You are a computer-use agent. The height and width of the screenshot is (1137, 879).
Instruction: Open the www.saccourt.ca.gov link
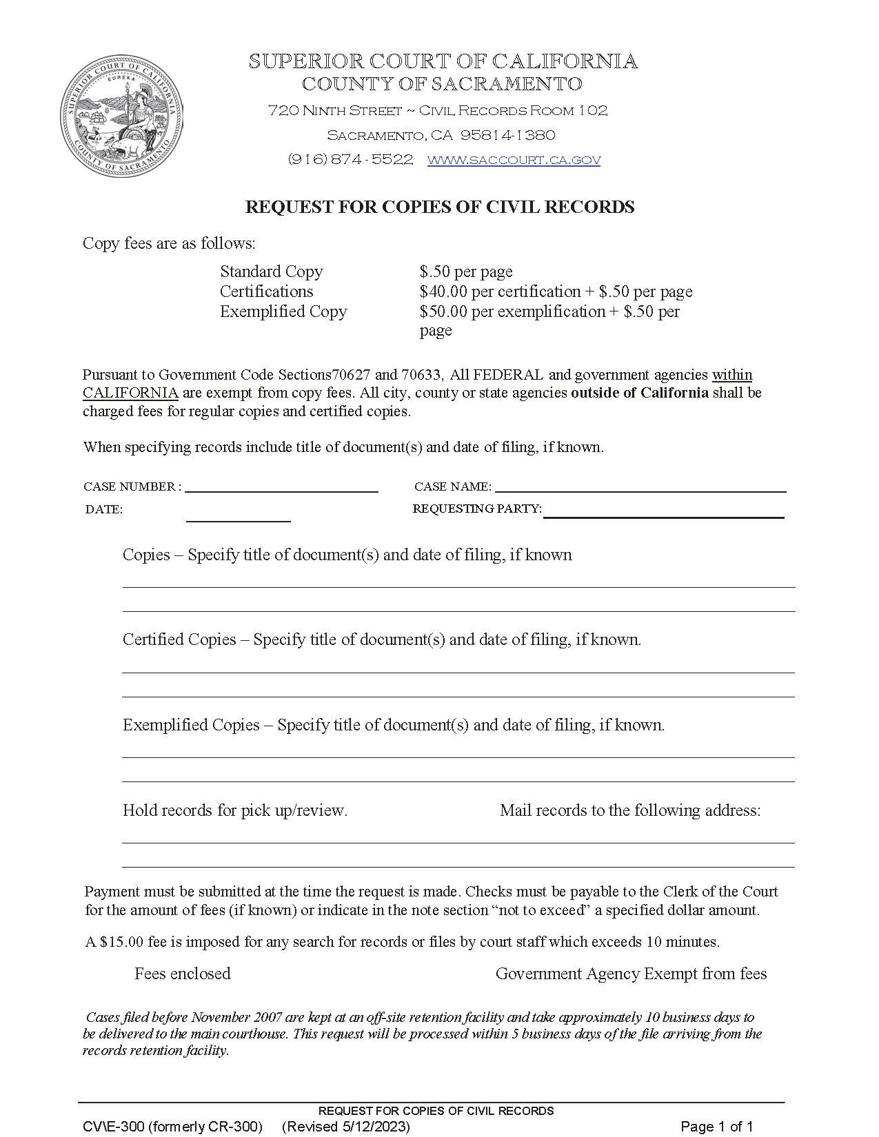tap(514, 160)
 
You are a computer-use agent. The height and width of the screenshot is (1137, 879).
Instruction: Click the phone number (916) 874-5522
tap(350, 160)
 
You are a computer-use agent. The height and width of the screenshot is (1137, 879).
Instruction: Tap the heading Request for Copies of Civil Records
tap(440, 207)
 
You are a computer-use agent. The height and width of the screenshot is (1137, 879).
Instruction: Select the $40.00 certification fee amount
tap(443, 291)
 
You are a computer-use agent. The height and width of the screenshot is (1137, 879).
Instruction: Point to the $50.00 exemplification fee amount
tap(443, 311)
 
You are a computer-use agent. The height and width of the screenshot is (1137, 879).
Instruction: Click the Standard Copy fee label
tap(271, 272)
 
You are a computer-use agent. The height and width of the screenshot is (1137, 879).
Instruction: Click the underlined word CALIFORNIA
tap(130, 393)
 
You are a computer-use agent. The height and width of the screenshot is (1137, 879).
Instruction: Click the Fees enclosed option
tap(182, 974)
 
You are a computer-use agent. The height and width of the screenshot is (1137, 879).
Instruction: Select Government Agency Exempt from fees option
tap(631, 974)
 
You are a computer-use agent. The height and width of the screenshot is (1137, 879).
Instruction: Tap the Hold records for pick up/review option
tap(234, 810)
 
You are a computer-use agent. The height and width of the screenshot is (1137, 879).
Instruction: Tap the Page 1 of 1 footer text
tap(716, 1127)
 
